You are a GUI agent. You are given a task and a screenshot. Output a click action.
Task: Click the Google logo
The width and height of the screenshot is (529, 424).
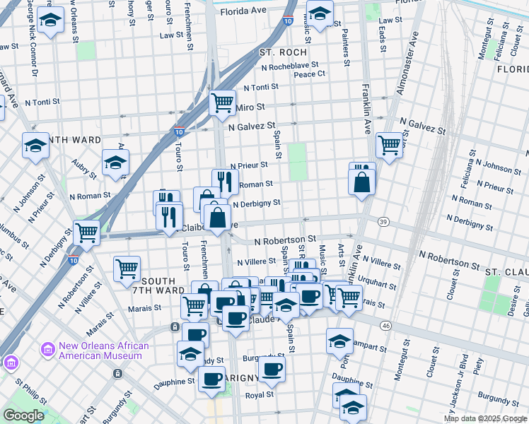pyautogui.click(x=23, y=416)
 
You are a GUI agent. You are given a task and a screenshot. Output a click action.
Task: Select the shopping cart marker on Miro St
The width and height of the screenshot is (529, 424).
pyautogui.click(x=223, y=102)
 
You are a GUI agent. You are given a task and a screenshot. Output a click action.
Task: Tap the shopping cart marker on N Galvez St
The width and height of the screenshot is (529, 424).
pyautogui.click(x=389, y=146)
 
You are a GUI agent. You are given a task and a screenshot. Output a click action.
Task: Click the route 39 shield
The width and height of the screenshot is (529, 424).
pyautogui.click(x=383, y=221)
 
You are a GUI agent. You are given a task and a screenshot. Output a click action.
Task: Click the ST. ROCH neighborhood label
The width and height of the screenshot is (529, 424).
pyautogui.click(x=283, y=52)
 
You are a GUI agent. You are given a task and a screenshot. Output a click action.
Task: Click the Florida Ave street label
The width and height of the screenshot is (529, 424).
pyautogui.click(x=243, y=12)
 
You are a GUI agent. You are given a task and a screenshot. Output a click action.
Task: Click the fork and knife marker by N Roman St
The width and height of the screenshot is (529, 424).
pyautogui.click(x=225, y=181)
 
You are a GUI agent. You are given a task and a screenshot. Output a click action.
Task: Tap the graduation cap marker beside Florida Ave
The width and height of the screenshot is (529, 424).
pyautogui.click(x=320, y=13)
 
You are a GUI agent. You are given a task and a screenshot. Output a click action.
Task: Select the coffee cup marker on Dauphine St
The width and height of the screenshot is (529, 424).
pyautogui.click(x=211, y=379)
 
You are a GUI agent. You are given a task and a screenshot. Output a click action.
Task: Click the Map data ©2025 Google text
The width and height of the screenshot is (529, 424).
pyautogui.click(x=484, y=418)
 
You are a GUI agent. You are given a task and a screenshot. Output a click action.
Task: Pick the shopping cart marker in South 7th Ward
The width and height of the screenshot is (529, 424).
pyautogui.click(x=127, y=268)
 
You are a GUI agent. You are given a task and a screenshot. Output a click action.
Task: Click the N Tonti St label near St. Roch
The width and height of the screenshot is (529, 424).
pyautogui.click(x=261, y=88)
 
